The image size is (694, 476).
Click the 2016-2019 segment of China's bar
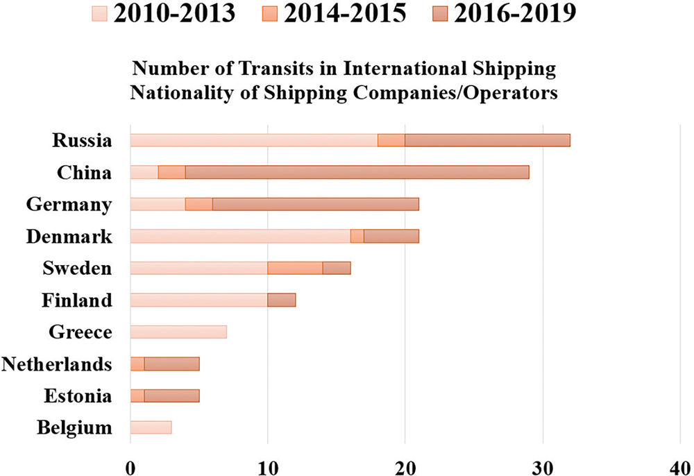point(357,172)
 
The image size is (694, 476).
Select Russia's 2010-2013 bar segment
point(254,140)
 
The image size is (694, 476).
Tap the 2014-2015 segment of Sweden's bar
point(295,268)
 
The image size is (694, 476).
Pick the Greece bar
point(178,332)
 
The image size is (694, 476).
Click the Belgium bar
point(151,427)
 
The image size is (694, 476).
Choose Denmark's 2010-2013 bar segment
point(240,236)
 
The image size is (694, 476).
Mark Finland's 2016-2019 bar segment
point(281,300)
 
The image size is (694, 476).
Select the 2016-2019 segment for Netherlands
point(171,364)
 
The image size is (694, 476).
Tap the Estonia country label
point(77,396)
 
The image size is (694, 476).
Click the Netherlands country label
point(57,364)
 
